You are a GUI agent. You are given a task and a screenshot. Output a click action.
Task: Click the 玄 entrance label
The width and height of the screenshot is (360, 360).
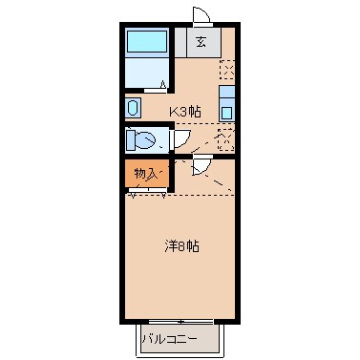click(x=201, y=41)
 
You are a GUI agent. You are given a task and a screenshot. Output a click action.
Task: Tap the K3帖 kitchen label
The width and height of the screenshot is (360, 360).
click(x=185, y=111)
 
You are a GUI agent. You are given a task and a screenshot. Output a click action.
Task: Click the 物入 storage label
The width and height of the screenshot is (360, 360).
click(x=145, y=174)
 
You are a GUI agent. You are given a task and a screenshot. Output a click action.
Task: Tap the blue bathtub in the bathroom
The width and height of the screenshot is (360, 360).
click(x=147, y=42)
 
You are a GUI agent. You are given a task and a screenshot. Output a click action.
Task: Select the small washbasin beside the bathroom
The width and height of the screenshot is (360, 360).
click(x=133, y=107)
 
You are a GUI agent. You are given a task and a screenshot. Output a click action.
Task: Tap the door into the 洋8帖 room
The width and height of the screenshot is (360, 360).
click(x=201, y=166)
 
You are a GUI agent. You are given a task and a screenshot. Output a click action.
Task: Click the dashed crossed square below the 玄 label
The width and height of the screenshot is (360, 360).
click(x=226, y=70)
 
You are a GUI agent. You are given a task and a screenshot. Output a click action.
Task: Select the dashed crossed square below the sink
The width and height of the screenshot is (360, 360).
click(x=225, y=138)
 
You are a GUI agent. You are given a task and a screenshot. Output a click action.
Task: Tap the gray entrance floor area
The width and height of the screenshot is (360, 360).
click(x=201, y=42)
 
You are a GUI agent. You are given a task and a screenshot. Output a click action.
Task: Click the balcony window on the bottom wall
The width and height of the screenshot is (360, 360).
click(x=179, y=320)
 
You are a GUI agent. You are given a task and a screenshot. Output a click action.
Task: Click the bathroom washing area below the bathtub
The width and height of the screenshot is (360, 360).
click(x=147, y=73)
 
